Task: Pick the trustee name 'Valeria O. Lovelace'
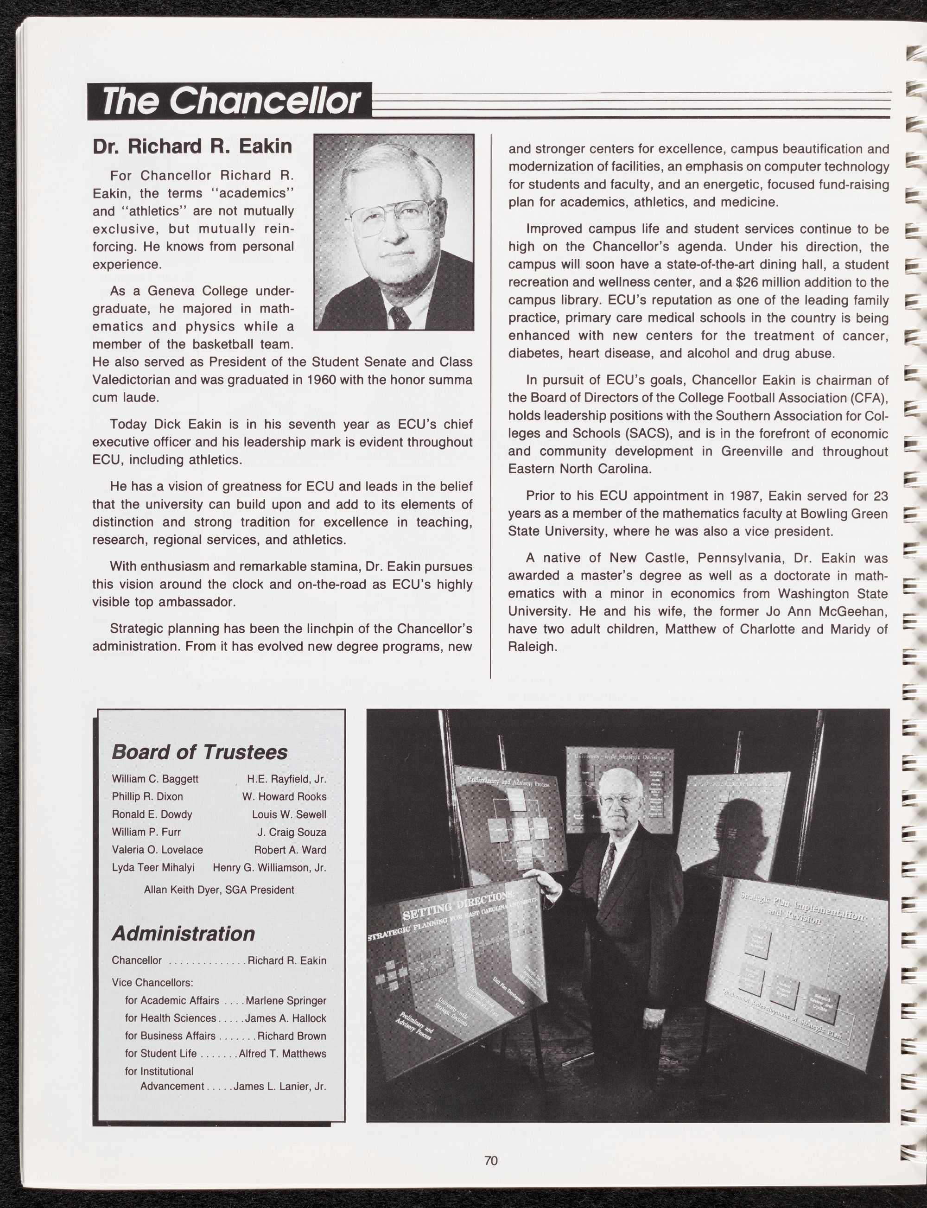[157, 849]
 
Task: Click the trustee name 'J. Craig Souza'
[292, 832]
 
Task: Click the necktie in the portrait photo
[400, 318]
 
